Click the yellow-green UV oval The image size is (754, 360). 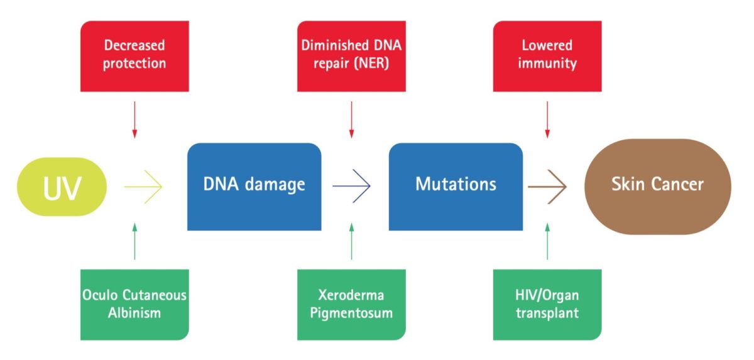62,187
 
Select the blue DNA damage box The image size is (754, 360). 254,187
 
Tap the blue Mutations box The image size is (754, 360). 456,187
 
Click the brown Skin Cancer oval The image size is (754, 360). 658,187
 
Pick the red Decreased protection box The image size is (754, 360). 134,56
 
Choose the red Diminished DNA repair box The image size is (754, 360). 351,56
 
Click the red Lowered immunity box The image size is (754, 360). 547,56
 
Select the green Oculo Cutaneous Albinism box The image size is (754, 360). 134,305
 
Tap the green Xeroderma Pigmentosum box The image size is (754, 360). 351,305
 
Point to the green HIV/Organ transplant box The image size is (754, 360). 547,305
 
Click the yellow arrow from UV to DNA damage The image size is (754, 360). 143,187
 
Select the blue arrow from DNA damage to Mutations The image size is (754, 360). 351,186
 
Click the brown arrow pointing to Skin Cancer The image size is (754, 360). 547,187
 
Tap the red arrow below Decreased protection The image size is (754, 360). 134,120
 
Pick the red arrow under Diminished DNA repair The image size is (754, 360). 351,120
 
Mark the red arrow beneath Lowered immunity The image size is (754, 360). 547,120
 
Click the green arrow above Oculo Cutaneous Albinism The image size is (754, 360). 134,241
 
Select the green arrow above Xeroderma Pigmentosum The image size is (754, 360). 351,241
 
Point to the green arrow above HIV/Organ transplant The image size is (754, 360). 547,241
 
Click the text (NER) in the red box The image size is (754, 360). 371,63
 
